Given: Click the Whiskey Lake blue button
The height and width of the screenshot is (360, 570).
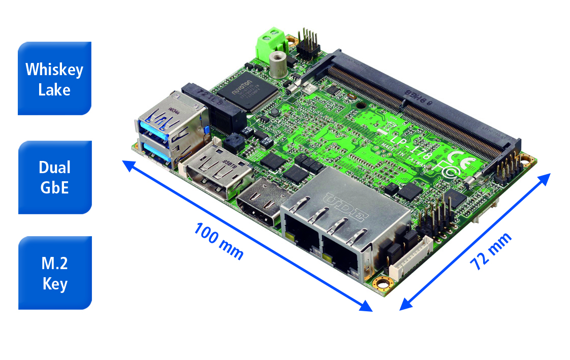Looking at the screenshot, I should (x=54, y=78).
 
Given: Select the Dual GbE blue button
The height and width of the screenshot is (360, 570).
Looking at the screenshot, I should (x=54, y=177).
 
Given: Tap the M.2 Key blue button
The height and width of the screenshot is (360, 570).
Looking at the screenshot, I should (x=54, y=273).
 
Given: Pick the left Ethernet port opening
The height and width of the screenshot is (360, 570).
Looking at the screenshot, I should (x=301, y=234).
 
